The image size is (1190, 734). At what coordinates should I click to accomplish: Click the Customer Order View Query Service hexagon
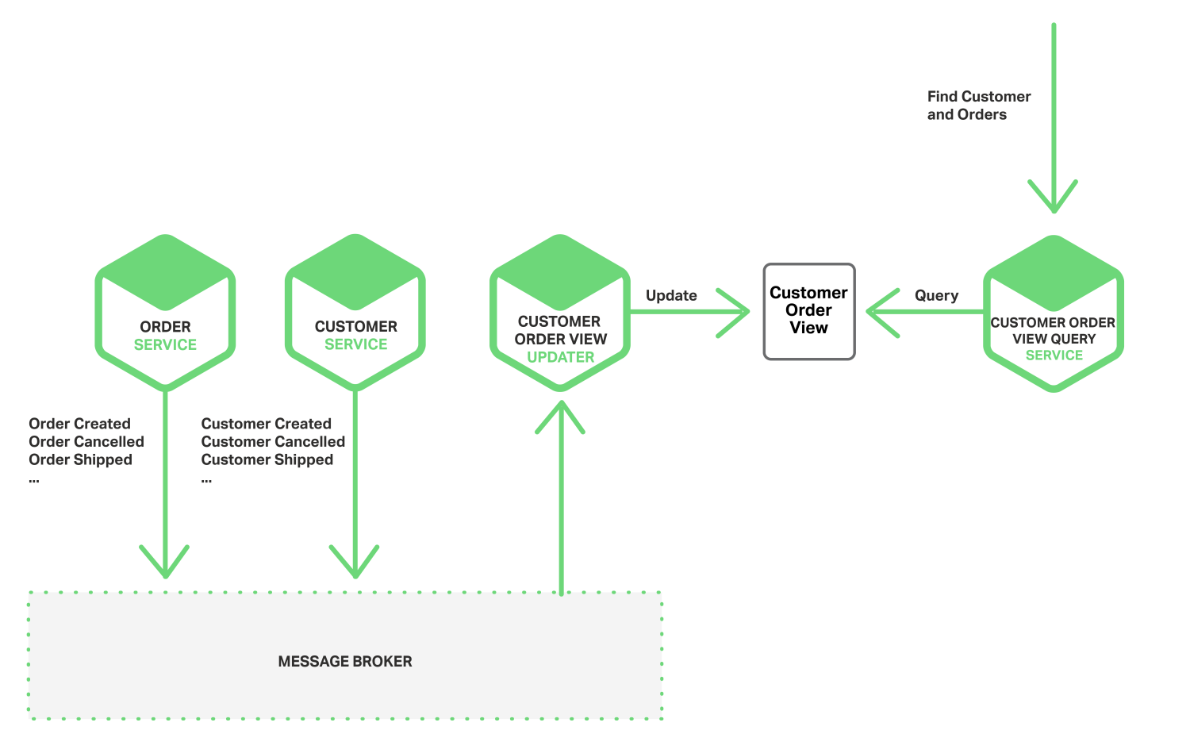point(1054,313)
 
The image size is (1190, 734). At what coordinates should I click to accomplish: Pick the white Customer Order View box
point(808,311)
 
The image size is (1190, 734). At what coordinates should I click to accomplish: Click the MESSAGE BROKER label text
point(345,661)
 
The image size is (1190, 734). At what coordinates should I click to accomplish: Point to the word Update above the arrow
point(671,295)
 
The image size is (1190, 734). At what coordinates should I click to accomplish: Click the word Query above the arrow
point(936,295)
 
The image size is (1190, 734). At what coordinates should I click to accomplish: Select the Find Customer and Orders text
point(978,106)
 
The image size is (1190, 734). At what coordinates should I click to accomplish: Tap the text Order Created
point(79,424)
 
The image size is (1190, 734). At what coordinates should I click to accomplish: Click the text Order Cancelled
point(86,441)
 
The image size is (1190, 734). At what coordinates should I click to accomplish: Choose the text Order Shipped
point(80,459)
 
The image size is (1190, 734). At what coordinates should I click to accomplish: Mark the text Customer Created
point(267,424)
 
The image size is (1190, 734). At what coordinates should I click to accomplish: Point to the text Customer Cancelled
point(273,441)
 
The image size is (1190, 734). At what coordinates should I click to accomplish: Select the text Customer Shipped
point(267,459)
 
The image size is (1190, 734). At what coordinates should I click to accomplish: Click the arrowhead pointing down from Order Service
point(165,565)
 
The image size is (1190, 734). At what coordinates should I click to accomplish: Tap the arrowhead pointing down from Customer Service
point(355,565)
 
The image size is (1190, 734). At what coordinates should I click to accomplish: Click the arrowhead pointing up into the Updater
point(560,413)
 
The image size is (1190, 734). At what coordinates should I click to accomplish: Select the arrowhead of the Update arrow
point(738,312)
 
